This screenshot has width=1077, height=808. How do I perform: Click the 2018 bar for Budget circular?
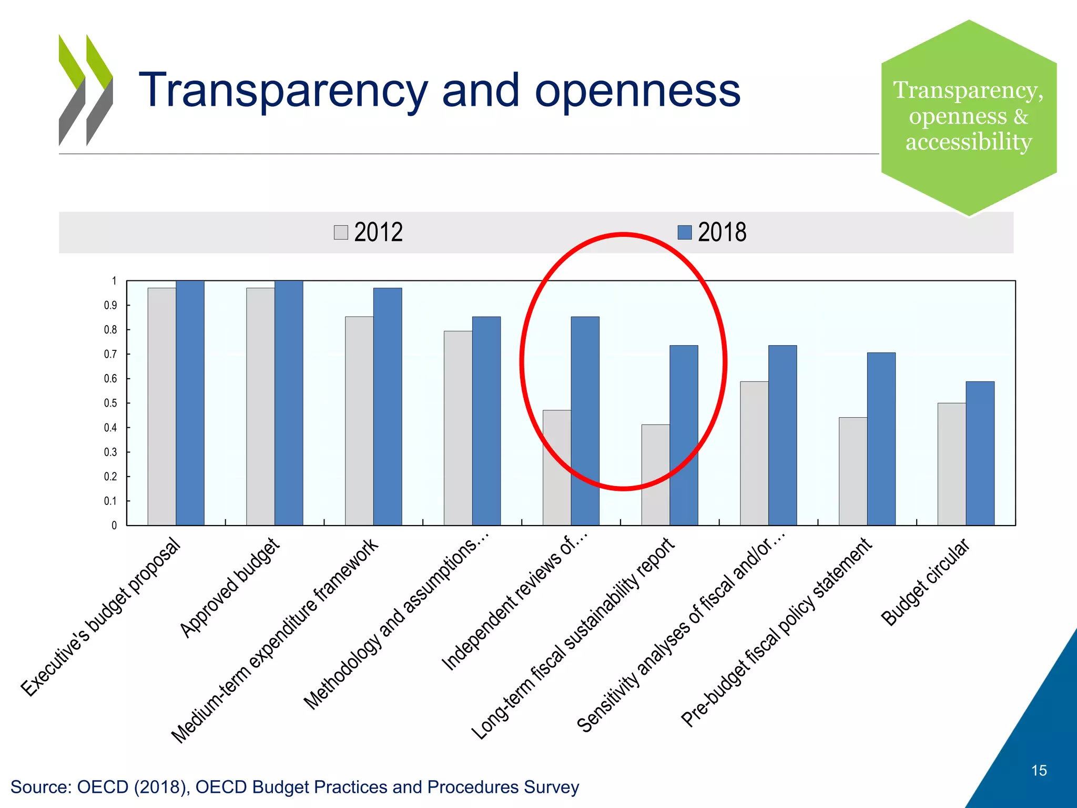[980, 453]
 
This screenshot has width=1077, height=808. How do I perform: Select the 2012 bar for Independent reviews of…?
[556, 468]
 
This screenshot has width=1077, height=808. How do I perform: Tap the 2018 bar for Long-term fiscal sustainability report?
[684, 436]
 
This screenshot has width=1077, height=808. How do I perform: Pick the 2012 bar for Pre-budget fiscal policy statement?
[852, 471]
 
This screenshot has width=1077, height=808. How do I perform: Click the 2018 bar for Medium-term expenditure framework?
[388, 407]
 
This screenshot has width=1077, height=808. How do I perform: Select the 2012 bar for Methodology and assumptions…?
[458, 428]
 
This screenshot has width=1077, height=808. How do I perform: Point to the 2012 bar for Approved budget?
[260, 407]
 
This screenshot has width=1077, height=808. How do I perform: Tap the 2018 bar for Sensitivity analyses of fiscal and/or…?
[783, 436]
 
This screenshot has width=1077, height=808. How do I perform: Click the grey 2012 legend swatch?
[341, 233]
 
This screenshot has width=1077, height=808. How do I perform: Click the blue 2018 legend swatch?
[684, 233]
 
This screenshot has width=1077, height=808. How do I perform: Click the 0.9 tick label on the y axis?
[110, 306]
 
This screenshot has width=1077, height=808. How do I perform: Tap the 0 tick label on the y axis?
[114, 526]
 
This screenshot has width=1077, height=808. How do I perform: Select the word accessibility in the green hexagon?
[968, 142]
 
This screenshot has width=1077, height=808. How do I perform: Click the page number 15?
[1039, 771]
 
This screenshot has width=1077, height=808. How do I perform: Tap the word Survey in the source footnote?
[551, 787]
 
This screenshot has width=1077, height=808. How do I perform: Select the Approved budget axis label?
[229, 588]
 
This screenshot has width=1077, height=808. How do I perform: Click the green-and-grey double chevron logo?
[86, 90]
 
